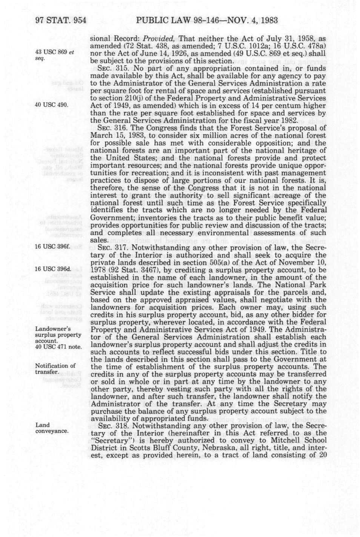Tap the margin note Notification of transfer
(x=55, y=369)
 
